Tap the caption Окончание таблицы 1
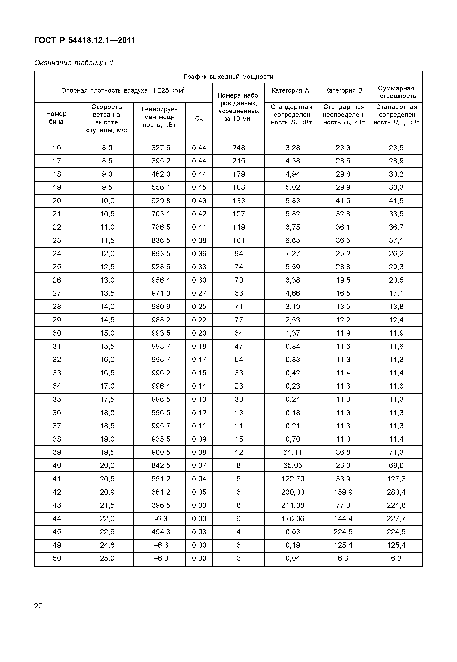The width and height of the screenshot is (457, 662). [74, 63]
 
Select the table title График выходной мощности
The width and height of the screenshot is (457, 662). [228, 77]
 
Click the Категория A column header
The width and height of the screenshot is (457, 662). [290, 91]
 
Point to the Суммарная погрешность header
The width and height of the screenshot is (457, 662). [396, 92]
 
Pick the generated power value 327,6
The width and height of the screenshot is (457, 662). [161, 148]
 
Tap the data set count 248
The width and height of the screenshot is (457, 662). [239, 148]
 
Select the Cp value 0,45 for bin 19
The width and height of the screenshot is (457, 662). [199, 187]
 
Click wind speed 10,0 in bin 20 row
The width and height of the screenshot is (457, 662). [107, 201]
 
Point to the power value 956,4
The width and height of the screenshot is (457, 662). [161, 280]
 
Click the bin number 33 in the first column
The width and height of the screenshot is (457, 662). [57, 373]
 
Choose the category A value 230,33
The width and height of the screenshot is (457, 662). [293, 492]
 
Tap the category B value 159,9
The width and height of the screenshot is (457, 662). [343, 492]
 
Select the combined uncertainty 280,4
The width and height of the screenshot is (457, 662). [396, 492]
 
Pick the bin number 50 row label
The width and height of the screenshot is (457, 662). [57, 558]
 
